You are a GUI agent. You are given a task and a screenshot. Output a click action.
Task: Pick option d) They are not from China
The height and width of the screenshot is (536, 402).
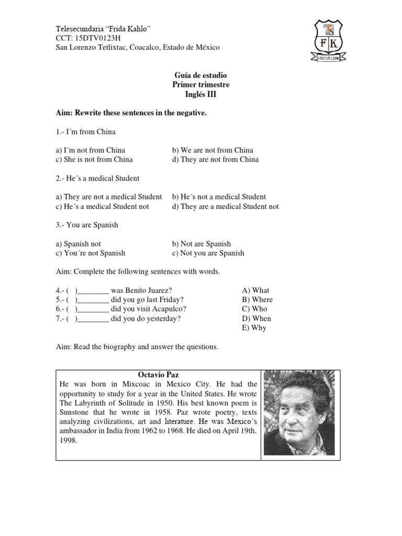coord(215,160)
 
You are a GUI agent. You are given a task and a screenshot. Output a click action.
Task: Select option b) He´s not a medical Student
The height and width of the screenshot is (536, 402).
coord(219,197)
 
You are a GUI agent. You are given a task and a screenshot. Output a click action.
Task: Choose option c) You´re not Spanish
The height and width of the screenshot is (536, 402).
coord(91,253)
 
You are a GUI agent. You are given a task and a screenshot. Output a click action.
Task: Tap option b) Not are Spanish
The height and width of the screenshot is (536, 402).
coord(201,244)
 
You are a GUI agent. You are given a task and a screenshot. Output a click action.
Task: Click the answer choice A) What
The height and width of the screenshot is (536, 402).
coord(255,291)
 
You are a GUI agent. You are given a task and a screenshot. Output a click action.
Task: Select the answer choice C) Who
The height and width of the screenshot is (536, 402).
coord(254,309)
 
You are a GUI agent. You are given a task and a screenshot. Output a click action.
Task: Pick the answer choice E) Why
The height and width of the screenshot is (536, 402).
coord(254,328)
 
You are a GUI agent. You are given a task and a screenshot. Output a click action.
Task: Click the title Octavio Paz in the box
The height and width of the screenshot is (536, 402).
coord(158,375)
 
